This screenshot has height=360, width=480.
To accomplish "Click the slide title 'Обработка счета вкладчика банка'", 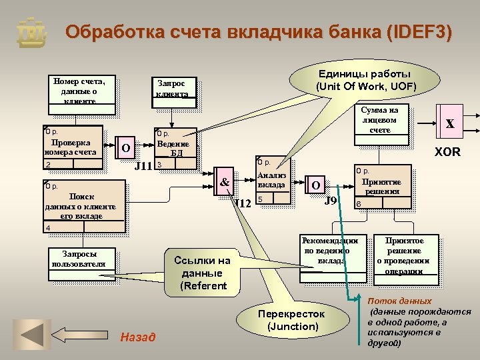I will point(259,32).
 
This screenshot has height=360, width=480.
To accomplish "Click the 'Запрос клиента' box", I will point(171,89).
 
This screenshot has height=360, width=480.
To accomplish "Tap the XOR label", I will point(447,152).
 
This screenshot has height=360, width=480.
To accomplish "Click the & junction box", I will point(225,181).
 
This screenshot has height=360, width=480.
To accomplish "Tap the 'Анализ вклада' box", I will point(272,181).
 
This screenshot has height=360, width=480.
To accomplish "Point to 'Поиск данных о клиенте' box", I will point(83,207).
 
